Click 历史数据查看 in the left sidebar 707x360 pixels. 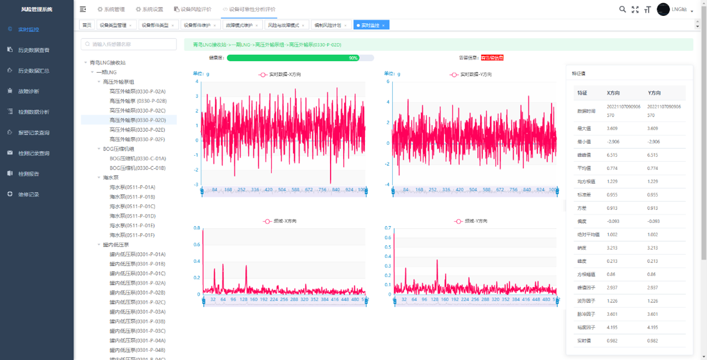click(33, 50)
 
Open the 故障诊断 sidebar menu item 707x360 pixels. click(28, 91)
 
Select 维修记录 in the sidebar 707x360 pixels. click(28, 194)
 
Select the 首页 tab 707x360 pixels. click(86, 25)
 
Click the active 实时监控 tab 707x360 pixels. click(370, 25)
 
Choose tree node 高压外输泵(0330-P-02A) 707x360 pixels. click(137, 91)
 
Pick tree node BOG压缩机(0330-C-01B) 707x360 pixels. click(137, 168)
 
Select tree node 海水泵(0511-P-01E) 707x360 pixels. click(132, 226)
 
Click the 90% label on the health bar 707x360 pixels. click(353, 58)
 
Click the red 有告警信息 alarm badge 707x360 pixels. click(492, 58)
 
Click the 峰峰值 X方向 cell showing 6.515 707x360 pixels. click(613, 155)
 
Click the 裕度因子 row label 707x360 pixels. click(586, 328)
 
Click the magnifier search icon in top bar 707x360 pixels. click(622, 9)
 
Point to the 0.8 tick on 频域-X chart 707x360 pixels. click(197, 228)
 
